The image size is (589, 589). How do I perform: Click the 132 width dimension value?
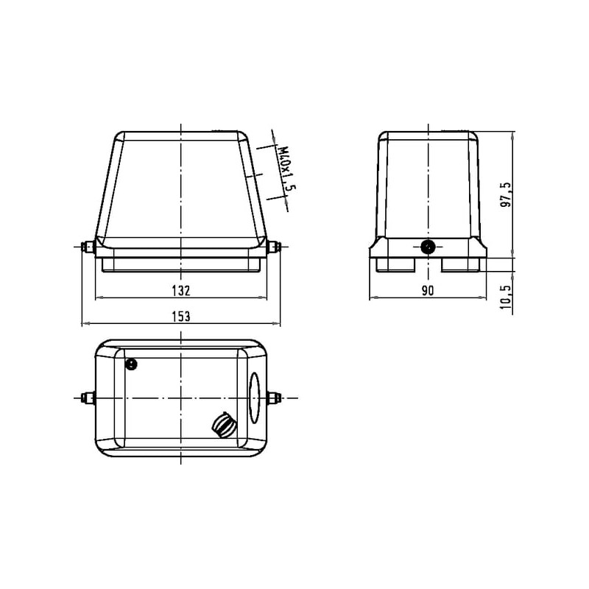(x=181, y=290)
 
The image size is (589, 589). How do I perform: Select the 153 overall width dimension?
(x=181, y=317)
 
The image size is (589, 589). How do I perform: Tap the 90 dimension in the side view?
(x=428, y=290)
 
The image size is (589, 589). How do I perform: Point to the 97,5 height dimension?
(x=507, y=195)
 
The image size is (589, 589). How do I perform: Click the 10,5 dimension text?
(x=507, y=297)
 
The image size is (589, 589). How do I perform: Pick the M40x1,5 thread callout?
(x=286, y=169)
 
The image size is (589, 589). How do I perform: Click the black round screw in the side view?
(x=428, y=247)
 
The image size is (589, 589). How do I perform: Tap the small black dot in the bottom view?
(x=131, y=364)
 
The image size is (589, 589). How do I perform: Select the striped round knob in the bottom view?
(x=224, y=425)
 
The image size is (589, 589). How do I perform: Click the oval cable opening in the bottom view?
(x=254, y=398)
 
